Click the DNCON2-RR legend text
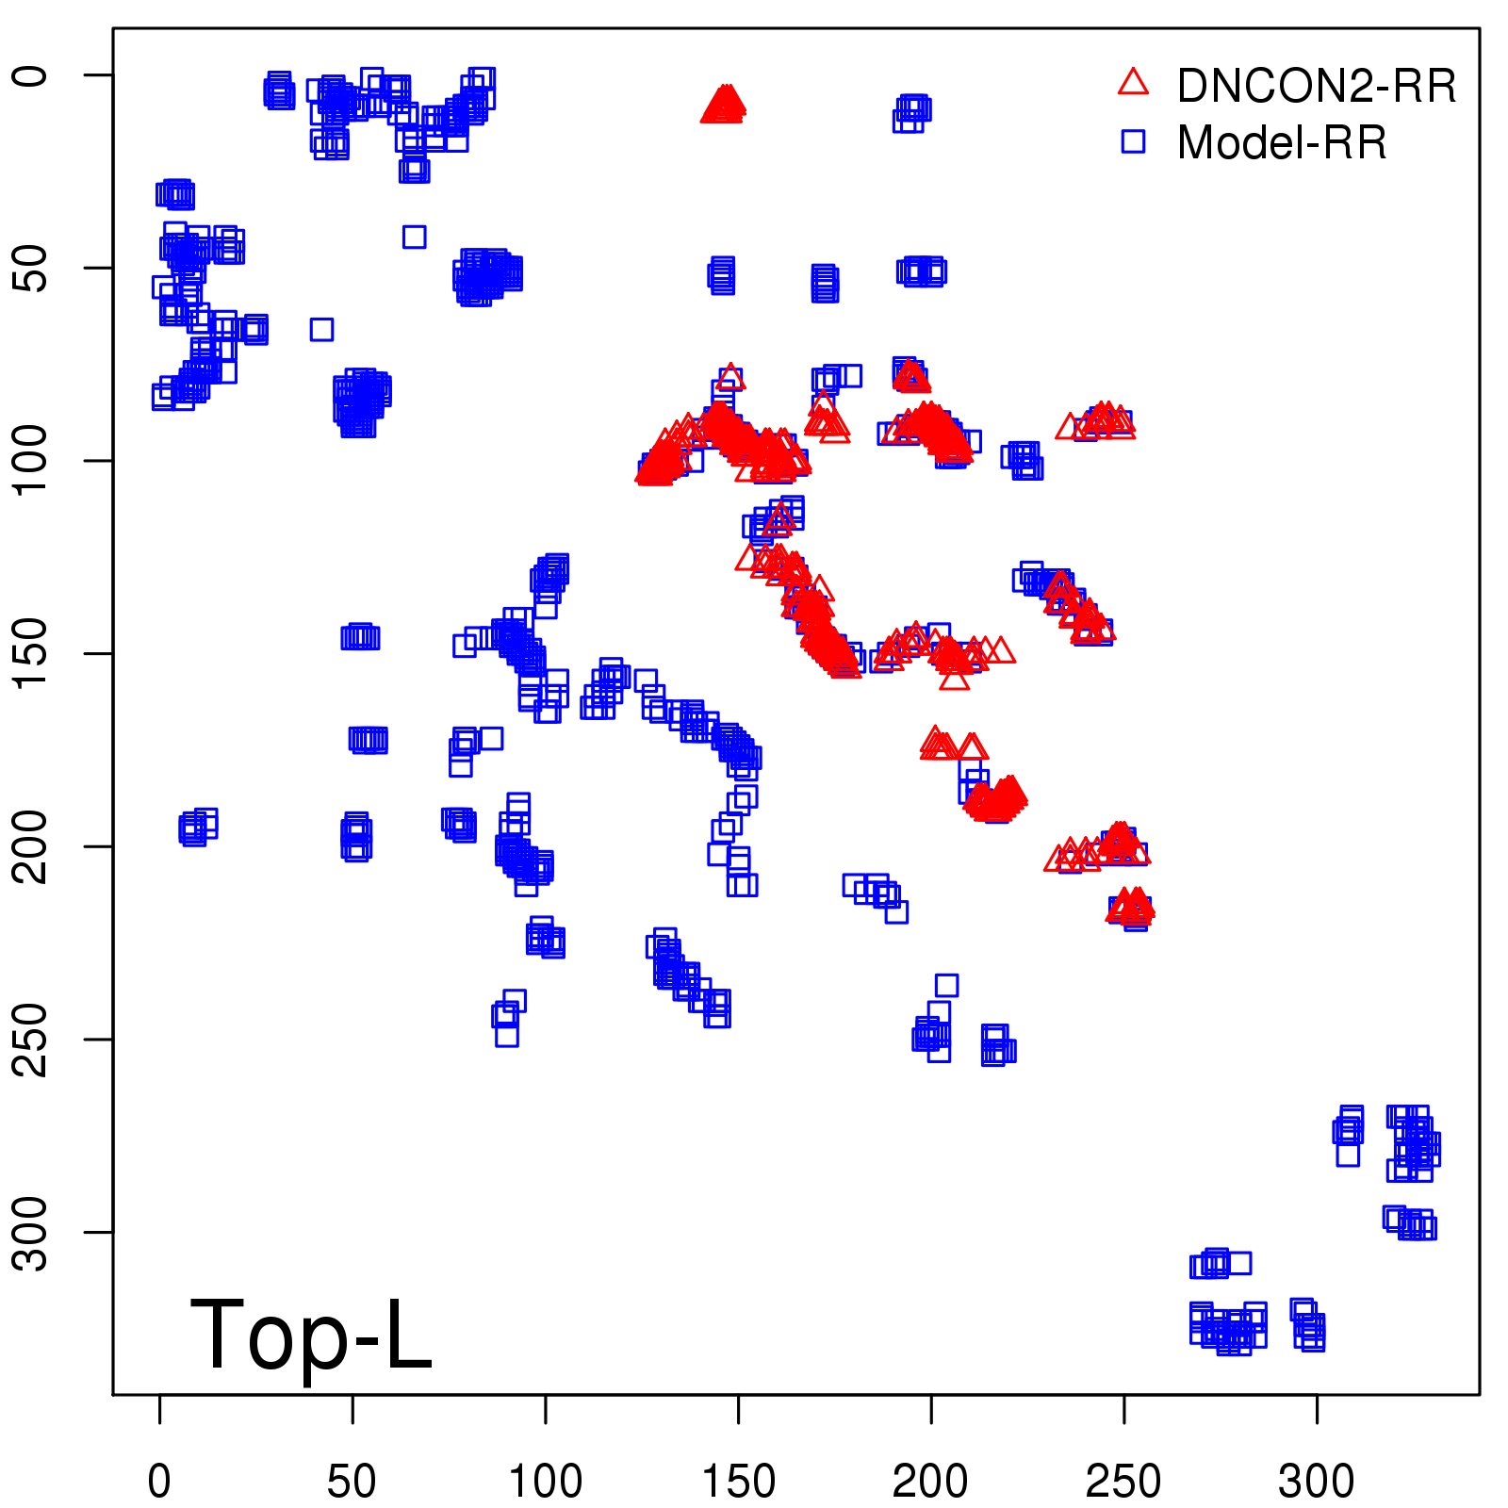point(1316,87)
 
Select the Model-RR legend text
point(1282,143)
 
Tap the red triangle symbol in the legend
point(1133,83)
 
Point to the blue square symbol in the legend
point(1133,141)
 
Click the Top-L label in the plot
point(311,1335)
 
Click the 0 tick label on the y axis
point(30,75)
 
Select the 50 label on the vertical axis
point(30,268)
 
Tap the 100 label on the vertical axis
point(30,460)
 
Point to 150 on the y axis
point(30,653)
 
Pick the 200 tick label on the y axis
point(30,846)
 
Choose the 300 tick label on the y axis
point(30,1232)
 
